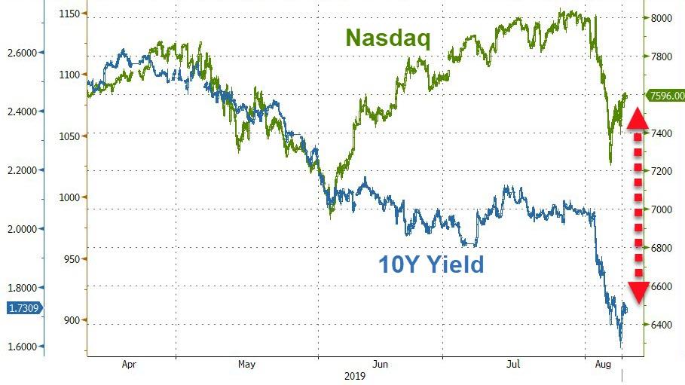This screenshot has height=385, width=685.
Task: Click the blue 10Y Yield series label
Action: [430, 264]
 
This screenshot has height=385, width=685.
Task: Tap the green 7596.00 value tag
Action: [667, 96]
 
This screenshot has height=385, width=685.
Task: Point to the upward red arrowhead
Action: [637, 118]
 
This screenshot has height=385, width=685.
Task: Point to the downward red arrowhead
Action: [637, 292]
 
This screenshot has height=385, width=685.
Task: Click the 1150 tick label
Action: [72, 14]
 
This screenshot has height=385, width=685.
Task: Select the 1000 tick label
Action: [72, 197]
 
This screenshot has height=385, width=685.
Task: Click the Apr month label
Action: [129, 364]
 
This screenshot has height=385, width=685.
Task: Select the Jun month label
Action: [381, 364]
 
